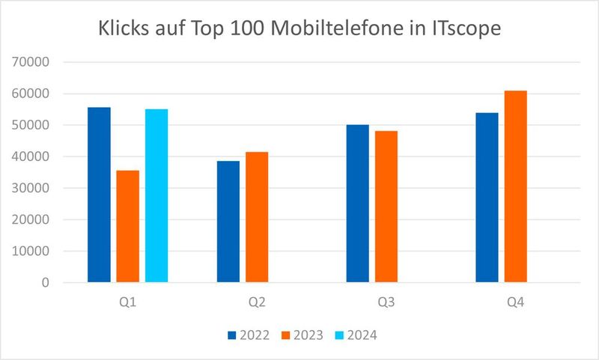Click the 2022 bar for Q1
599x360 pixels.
tap(99, 195)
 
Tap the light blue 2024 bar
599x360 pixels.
tap(156, 195)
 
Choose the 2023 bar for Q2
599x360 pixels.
tap(257, 217)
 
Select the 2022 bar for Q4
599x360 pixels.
tap(487, 198)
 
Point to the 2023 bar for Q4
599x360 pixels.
tap(516, 186)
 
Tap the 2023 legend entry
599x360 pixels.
tap(302, 335)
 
